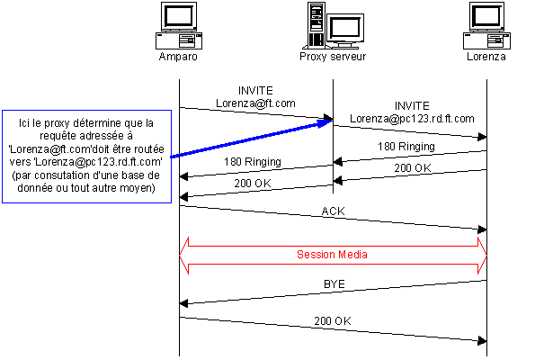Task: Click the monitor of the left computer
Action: [178, 17]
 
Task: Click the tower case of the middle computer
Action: [316, 24]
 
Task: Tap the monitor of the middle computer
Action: [343, 28]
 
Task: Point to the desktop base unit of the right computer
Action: [486, 40]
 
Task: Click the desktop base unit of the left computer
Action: [178, 40]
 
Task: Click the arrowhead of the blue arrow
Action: [326, 122]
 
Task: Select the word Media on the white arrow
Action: [352, 255]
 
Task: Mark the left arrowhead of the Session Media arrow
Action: [184, 255]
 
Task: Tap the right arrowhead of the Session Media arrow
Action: [482, 255]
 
